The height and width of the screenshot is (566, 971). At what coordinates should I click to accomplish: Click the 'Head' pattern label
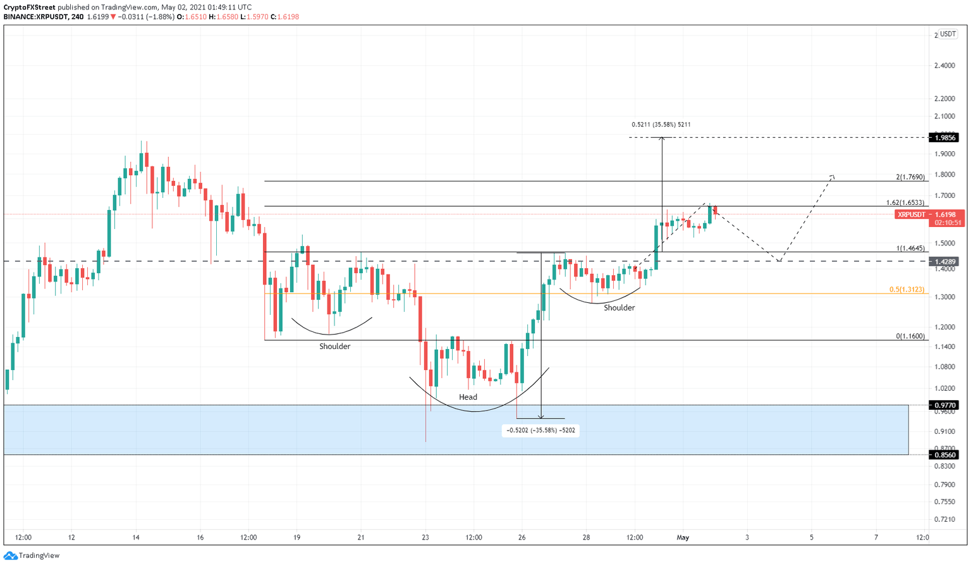click(468, 397)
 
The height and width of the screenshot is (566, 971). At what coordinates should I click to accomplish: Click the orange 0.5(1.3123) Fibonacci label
click(907, 290)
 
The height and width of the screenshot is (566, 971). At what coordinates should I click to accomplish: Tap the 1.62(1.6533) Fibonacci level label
click(905, 203)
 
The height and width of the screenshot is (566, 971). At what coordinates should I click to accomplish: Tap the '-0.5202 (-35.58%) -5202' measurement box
click(540, 430)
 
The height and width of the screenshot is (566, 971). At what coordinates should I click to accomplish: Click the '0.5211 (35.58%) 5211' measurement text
click(661, 125)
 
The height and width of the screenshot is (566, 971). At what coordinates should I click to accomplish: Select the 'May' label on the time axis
click(683, 538)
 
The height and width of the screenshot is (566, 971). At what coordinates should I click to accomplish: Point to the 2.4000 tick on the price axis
click(944, 66)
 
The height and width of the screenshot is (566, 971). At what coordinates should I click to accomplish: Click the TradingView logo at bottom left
click(32, 555)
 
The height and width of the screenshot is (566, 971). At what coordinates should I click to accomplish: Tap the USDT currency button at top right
click(948, 34)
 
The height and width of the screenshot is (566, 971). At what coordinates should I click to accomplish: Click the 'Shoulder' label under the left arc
click(334, 347)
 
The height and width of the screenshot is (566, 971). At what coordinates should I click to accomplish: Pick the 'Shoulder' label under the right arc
click(619, 308)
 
